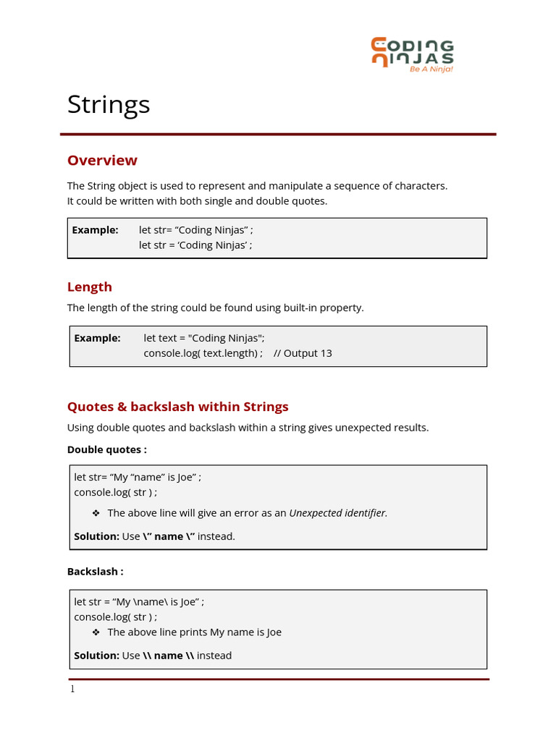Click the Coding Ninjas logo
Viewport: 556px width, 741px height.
pyautogui.click(x=412, y=54)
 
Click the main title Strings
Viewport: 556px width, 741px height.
pyautogui.click(x=109, y=104)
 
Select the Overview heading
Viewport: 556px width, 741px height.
pyautogui.click(x=102, y=160)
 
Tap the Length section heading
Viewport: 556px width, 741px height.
pyautogui.click(x=90, y=287)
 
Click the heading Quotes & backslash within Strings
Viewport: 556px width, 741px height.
pyautogui.click(x=177, y=407)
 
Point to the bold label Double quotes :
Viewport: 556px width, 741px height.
pyautogui.click(x=106, y=449)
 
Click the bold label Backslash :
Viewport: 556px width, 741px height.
pyautogui.click(x=95, y=571)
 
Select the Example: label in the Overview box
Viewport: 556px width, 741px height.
pyautogui.click(x=95, y=230)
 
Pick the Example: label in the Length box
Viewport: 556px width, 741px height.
pyautogui.click(x=97, y=338)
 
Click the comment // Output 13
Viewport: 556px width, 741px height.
pyautogui.click(x=303, y=353)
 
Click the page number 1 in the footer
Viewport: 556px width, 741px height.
pyautogui.click(x=72, y=689)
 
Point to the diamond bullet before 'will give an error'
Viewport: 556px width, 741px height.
pyautogui.click(x=96, y=513)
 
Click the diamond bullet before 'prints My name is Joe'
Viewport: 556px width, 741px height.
pyautogui.click(x=96, y=632)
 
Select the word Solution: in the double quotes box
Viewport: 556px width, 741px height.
pyautogui.click(x=96, y=536)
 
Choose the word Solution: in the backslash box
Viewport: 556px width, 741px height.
pyautogui.click(x=96, y=656)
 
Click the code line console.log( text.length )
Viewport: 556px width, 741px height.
pyautogui.click(x=203, y=353)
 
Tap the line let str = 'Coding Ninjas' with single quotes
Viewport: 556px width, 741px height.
pyautogui.click(x=195, y=245)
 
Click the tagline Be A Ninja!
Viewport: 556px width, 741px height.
pyautogui.click(x=431, y=69)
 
